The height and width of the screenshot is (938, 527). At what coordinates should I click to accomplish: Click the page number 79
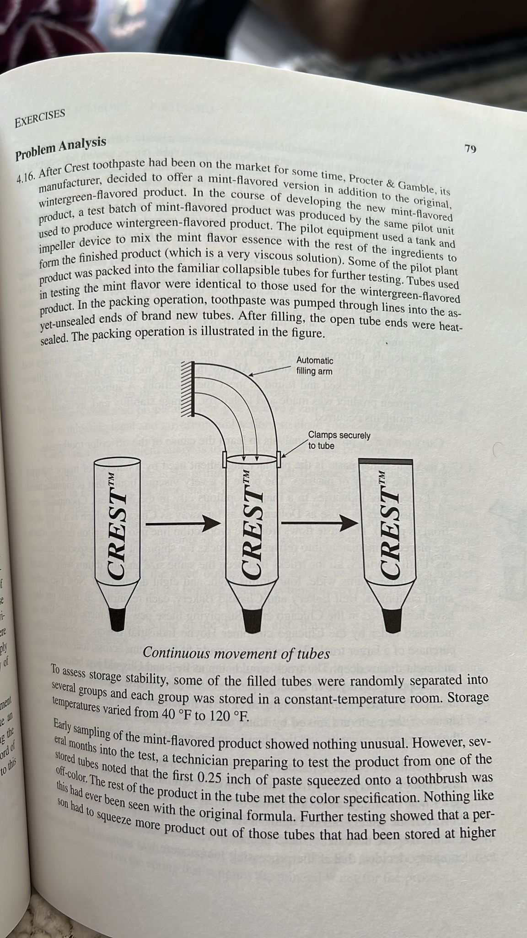(x=470, y=149)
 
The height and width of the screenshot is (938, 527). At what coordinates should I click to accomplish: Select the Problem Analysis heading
(x=61, y=148)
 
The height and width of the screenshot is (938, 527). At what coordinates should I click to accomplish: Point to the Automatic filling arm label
(x=315, y=365)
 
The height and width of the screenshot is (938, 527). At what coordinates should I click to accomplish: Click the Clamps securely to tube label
(x=339, y=440)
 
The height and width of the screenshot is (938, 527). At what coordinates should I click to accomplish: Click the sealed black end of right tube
(x=387, y=459)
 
